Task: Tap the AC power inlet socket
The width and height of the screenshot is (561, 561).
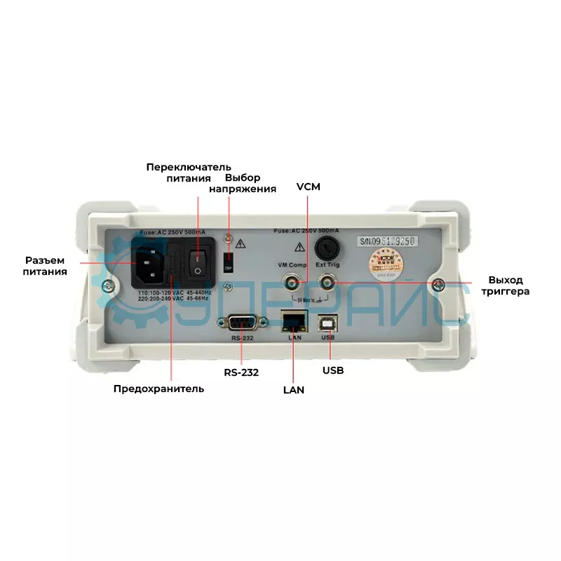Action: click(x=151, y=262)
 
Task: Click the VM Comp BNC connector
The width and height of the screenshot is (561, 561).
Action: click(x=290, y=283)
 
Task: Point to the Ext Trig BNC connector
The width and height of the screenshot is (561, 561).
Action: click(x=327, y=283)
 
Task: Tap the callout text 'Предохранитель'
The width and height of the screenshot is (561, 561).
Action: click(x=158, y=388)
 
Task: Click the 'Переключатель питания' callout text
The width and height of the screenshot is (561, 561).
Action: click(x=188, y=173)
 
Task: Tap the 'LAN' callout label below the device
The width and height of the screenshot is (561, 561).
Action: click(x=293, y=389)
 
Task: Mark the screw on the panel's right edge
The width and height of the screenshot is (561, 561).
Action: click(x=439, y=283)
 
